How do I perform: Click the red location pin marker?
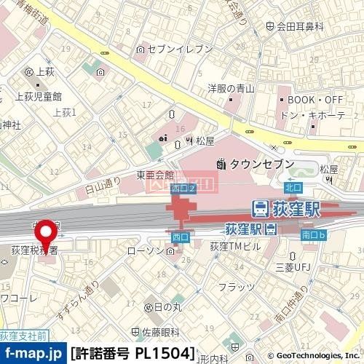(47, 234)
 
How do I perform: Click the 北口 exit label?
(293, 187)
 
